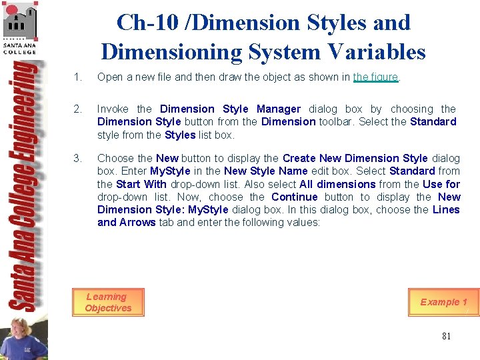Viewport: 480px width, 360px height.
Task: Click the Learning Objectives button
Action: coord(108,303)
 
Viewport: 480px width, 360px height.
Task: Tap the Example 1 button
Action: coord(443,302)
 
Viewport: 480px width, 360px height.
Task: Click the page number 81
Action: coord(446,336)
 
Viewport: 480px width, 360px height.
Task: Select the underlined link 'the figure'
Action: coord(376,77)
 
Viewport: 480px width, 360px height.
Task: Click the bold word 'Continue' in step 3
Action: coord(295,197)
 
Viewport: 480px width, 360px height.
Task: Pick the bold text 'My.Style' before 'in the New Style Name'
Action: coord(170,172)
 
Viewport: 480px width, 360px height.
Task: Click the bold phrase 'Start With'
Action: coord(141,185)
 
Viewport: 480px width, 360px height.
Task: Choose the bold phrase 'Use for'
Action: coord(441,185)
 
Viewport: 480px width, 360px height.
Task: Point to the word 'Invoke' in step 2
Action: coord(113,109)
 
